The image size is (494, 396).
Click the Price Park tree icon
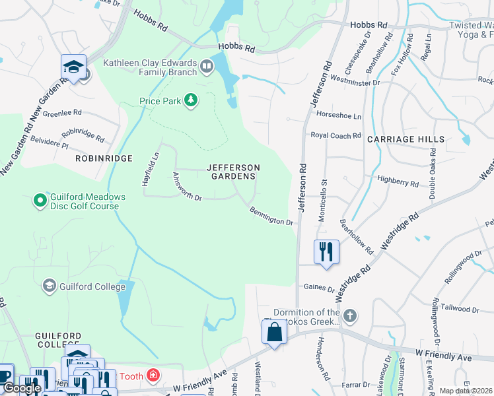191,100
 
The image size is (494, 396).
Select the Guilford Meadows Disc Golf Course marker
40,199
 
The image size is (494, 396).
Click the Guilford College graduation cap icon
49,286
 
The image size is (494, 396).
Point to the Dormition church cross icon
350,316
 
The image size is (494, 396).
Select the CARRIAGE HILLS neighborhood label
406,139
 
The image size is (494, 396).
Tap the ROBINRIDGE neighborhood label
104,158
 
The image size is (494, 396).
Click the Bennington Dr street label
271,216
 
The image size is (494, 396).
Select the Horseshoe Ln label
339,115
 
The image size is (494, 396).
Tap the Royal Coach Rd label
336,135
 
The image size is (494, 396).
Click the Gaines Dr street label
320,287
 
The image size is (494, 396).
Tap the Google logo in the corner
22,388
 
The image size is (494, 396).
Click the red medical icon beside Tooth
153,376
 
